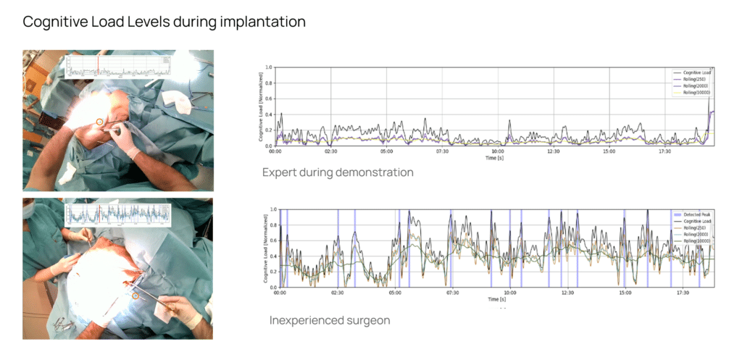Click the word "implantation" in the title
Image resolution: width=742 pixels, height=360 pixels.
[262, 22]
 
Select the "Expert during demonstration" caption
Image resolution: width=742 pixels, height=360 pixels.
[338, 172]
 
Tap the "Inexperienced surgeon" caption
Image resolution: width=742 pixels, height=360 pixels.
[330, 320]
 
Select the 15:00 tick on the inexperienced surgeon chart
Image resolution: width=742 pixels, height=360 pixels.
[625, 293]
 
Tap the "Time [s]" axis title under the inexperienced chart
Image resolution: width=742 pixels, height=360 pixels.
[497, 299]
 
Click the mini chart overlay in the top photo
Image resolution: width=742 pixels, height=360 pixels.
[117, 67]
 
